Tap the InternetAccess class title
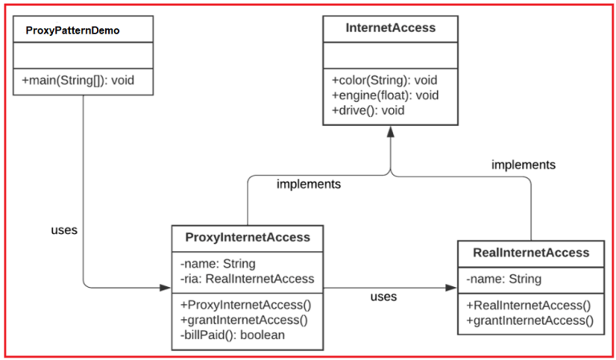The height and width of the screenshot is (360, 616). tap(391, 28)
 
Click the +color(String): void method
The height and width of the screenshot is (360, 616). tap(383, 80)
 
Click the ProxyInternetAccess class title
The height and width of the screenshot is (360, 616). tap(247, 237)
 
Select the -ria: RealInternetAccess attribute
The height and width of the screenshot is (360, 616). tap(247, 278)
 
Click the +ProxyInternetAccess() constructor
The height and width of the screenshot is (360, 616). tap(245, 305)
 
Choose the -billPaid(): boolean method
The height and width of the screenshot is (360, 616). tap(232, 334)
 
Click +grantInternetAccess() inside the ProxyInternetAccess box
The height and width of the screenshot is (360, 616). tap(245, 320)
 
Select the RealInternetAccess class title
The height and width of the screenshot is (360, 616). tap(531, 253)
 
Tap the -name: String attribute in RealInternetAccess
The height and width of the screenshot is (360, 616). tap(504, 279)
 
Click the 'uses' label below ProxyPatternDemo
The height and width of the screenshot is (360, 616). tap(64, 230)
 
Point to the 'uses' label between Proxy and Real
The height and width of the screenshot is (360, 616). tap(383, 297)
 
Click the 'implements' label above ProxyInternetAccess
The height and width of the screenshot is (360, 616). tap(309, 184)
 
